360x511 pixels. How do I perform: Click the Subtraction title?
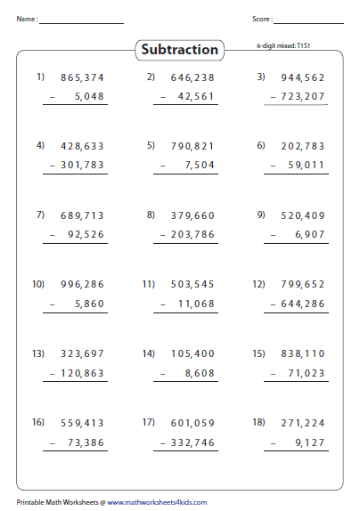[179, 51]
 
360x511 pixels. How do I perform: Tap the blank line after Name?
[82, 21]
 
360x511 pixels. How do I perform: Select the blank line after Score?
[309, 21]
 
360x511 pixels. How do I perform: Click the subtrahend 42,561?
[198, 96]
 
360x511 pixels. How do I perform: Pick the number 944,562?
[302, 77]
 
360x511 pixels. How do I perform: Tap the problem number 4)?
[40, 144]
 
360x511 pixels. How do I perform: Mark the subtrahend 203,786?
[192, 234]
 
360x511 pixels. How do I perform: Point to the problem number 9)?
[261, 214]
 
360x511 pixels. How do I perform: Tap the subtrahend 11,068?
[198, 304]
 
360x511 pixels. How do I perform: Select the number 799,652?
[302, 285]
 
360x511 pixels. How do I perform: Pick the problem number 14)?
[150, 353]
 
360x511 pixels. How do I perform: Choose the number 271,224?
[302, 423]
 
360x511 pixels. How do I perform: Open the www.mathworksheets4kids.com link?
[161, 502]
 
